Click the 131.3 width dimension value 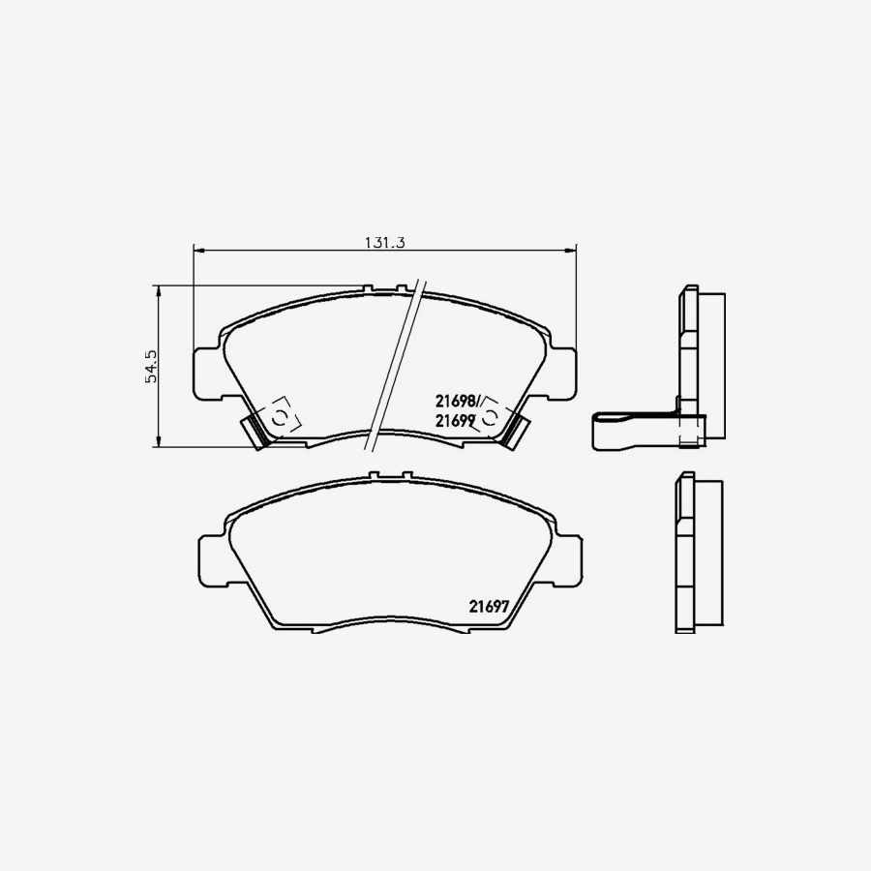point(383,243)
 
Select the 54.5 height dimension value point(151,367)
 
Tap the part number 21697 point(490,607)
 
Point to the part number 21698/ point(460,401)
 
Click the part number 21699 point(455,421)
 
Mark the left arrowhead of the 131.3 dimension point(198,251)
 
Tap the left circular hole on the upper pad point(279,417)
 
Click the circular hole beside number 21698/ point(491,417)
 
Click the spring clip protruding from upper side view point(629,430)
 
